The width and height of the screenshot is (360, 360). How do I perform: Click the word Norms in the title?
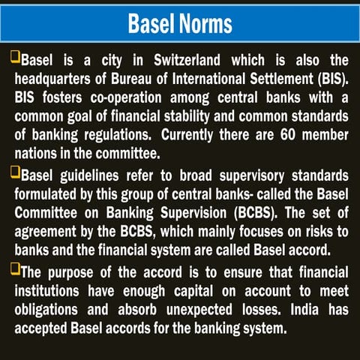(206, 23)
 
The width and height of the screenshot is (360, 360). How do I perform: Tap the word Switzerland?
(202, 59)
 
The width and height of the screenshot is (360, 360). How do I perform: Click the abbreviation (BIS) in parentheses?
(329, 77)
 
